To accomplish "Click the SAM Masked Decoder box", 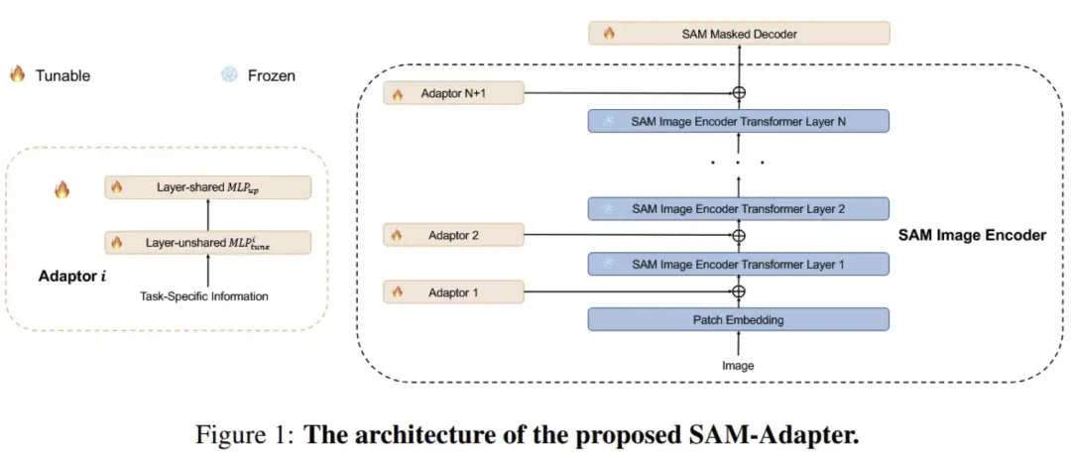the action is point(739,33).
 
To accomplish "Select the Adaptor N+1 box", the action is point(454,93).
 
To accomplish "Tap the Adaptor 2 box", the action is point(454,235).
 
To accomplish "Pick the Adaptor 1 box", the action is point(454,292).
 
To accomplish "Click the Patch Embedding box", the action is point(739,319).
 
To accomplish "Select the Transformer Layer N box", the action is point(739,121).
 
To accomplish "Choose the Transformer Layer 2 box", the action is point(739,208).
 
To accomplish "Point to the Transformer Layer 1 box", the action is point(739,264).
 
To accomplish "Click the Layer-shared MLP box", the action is point(207,187).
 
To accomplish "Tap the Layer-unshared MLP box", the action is point(207,243).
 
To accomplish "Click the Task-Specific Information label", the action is point(204,296).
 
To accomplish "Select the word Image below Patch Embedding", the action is point(739,366).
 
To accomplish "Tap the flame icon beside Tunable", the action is point(17,73).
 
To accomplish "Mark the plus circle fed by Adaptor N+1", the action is point(739,93).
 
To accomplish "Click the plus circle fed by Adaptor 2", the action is point(739,236).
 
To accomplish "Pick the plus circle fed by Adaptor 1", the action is point(739,291).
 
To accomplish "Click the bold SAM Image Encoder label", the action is point(972,236).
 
